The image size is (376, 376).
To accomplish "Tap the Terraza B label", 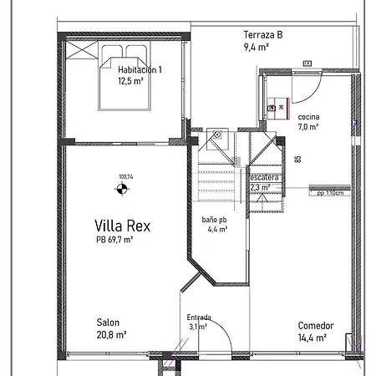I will (x=262, y=35).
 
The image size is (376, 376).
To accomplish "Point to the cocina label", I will (x=308, y=117).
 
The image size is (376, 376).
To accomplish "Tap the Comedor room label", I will (x=316, y=326).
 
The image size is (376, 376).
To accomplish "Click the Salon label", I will (x=109, y=323).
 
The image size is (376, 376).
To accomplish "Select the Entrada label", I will (x=199, y=318).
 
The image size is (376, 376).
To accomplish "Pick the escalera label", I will (x=265, y=177).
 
